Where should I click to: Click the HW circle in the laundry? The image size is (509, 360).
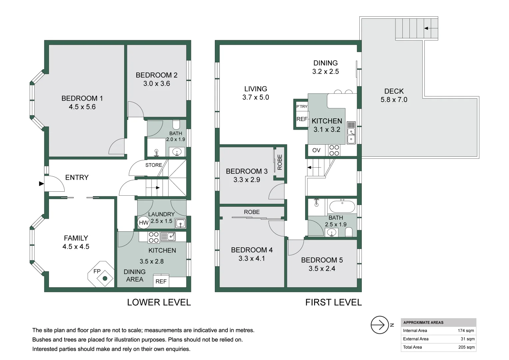144,222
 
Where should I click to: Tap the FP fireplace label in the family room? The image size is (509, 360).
97,271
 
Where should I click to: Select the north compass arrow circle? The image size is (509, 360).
380,325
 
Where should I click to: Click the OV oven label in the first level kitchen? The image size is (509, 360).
316,150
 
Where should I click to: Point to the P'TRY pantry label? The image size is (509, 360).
302,106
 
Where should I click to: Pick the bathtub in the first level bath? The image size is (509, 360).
342,206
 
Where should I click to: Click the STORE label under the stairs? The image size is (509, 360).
154,165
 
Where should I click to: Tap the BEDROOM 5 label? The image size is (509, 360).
322,260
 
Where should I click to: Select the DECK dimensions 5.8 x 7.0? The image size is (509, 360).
394,100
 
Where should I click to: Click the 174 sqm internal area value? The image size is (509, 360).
466,331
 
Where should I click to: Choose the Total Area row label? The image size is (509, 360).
412,347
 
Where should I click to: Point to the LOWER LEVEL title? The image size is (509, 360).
159,302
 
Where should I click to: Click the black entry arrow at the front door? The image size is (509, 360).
41,184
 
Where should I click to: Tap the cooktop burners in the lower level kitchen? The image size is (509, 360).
154,237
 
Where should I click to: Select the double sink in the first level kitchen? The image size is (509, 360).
351,135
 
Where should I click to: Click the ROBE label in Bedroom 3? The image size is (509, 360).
280,162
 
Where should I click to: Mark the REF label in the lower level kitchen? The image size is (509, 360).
161,282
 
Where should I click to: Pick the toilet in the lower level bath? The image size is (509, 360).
176,125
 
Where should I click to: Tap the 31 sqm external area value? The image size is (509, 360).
468,339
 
